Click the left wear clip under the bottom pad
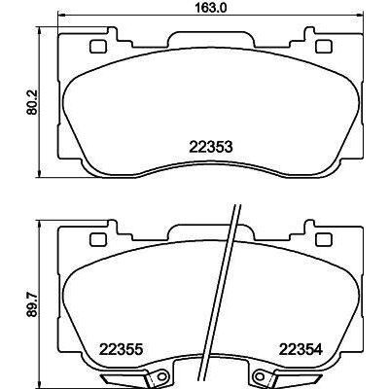coord(130,376)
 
